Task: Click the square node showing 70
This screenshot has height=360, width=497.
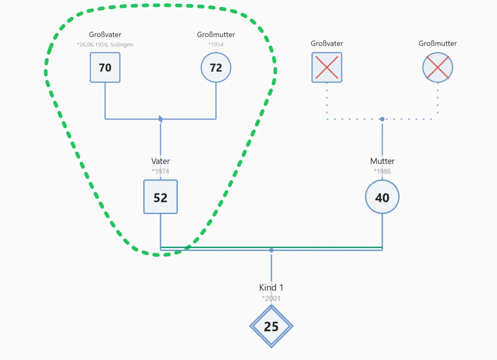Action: point(105,68)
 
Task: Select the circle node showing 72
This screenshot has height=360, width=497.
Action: point(216,68)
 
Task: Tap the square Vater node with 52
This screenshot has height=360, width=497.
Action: point(160,197)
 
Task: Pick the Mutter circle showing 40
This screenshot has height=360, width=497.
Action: point(382,197)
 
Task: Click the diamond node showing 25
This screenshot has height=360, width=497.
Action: point(271,326)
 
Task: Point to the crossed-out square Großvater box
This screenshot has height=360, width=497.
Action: point(327,68)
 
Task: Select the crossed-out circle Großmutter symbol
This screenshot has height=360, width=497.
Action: point(438,68)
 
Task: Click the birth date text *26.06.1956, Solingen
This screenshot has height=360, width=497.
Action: point(105,45)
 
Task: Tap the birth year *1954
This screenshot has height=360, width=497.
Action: point(216,45)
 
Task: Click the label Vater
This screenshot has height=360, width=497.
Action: point(160,161)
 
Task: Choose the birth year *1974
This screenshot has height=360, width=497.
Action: point(160,171)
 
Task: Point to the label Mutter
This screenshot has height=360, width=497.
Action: point(382,161)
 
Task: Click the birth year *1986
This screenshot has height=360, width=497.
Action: point(382,171)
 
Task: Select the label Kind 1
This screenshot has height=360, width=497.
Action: point(271,288)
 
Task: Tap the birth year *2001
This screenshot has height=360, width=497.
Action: point(271,298)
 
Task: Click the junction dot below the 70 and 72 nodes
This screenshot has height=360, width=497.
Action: point(160,119)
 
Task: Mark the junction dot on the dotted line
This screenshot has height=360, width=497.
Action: point(382,119)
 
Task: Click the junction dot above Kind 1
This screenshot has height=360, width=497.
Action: point(271,250)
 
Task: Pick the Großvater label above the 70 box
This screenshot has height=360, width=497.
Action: point(105,35)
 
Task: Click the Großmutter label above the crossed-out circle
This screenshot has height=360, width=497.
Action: point(438,43)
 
